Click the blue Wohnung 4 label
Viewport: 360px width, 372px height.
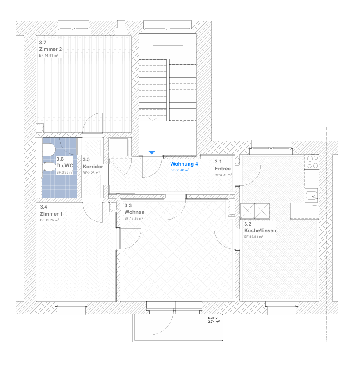(x=184, y=164)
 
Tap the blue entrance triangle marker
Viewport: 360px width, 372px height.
(x=152, y=152)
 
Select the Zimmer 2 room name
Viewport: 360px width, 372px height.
(x=50, y=49)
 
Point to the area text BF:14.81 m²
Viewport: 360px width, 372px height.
(x=49, y=55)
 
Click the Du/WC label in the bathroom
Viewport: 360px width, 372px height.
(x=64, y=166)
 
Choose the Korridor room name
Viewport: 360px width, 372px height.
(x=93, y=167)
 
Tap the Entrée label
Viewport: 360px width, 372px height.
(x=223, y=169)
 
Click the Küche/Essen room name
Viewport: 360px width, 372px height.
(x=260, y=230)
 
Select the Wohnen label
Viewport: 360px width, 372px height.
(x=135, y=212)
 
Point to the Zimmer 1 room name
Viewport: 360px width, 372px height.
(x=51, y=214)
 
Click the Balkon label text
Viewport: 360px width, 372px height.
(x=213, y=319)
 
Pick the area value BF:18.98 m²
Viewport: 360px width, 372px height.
(x=134, y=218)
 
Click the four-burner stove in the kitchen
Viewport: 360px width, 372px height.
(x=312, y=162)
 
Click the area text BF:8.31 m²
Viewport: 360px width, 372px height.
(x=223, y=175)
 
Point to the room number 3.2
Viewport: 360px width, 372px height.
(x=248, y=224)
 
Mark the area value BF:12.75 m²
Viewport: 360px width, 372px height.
(x=50, y=220)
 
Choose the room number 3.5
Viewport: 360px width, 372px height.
(x=86, y=159)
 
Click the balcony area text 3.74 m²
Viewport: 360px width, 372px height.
(x=214, y=322)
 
